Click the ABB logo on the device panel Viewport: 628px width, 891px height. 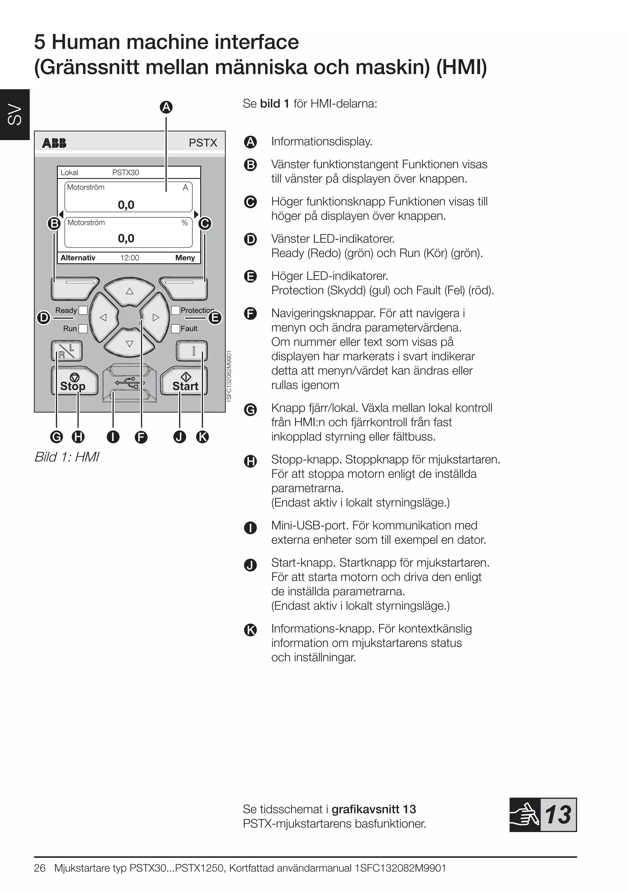click(54, 143)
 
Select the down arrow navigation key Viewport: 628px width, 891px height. click(129, 343)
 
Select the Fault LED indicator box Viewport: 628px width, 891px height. click(176, 328)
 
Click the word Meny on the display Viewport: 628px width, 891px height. click(185, 258)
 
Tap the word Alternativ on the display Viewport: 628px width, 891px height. click(78, 258)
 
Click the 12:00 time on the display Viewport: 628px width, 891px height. click(130, 258)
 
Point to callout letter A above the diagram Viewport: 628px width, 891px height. click(166, 107)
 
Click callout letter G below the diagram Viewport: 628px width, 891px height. click(57, 437)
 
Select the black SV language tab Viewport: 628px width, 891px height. click(15, 114)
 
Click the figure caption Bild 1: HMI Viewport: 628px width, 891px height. click(67, 457)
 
